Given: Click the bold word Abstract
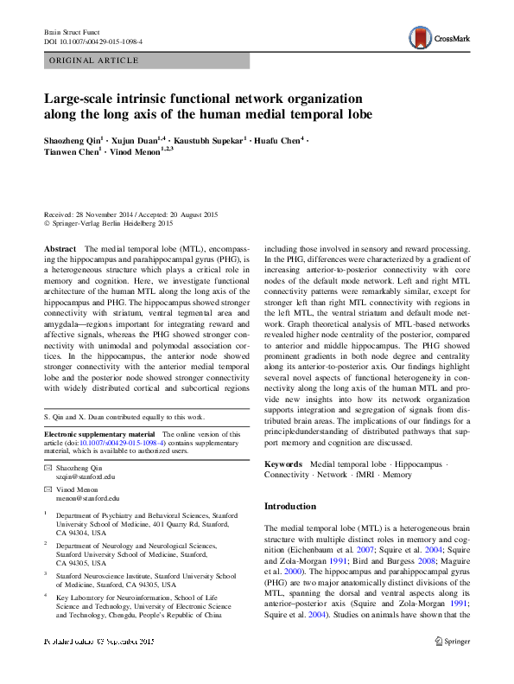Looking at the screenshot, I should [x=60, y=248].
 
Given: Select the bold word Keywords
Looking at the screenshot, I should [x=283, y=463].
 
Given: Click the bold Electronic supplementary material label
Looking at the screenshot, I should [x=99, y=432].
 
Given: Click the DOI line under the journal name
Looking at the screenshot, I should [x=93, y=41].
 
